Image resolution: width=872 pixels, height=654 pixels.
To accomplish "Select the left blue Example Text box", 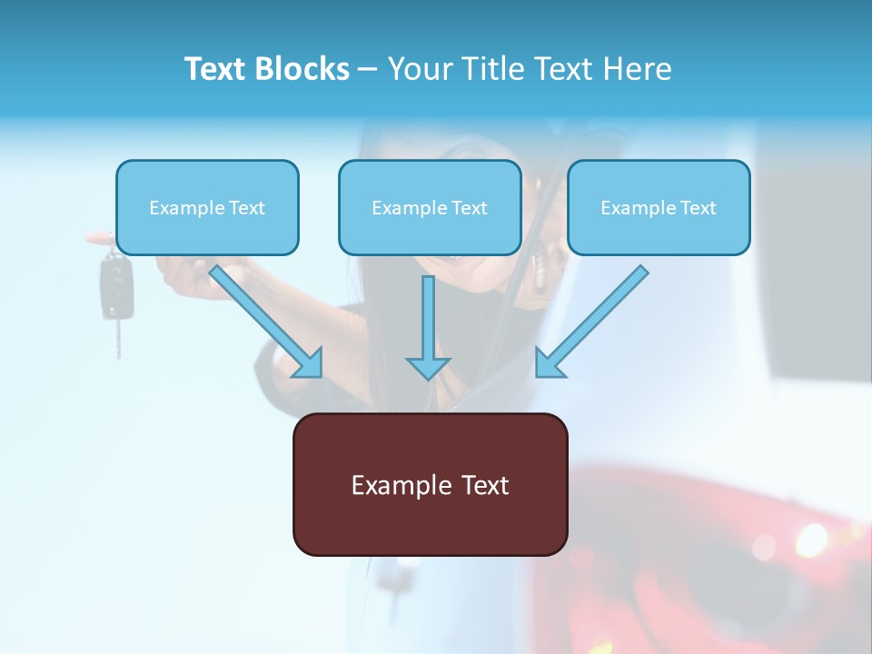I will click(x=207, y=208).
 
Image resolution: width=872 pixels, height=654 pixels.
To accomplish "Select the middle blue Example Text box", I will click(x=430, y=208).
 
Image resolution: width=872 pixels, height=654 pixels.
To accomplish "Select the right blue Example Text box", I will click(x=659, y=208).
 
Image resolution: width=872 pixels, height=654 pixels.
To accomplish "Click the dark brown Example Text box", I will click(x=430, y=485).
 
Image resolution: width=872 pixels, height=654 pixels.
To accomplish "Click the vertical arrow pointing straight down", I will click(x=428, y=327).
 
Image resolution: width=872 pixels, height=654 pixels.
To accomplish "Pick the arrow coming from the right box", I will click(x=595, y=320).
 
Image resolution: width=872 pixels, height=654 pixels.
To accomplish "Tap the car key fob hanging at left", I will click(x=115, y=286).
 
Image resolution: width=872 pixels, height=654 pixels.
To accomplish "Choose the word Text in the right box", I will click(x=698, y=208).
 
